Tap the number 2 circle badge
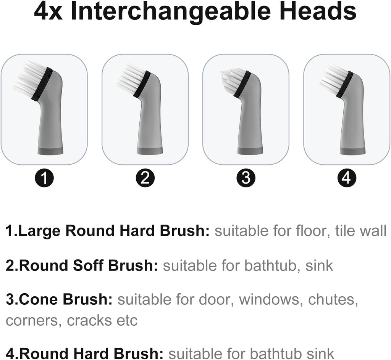pyautogui.click(x=145, y=178)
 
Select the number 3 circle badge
pyautogui.click(x=246, y=178)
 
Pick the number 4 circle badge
pyautogui.click(x=346, y=178)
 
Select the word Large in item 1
pyautogui.click(x=41, y=231)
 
